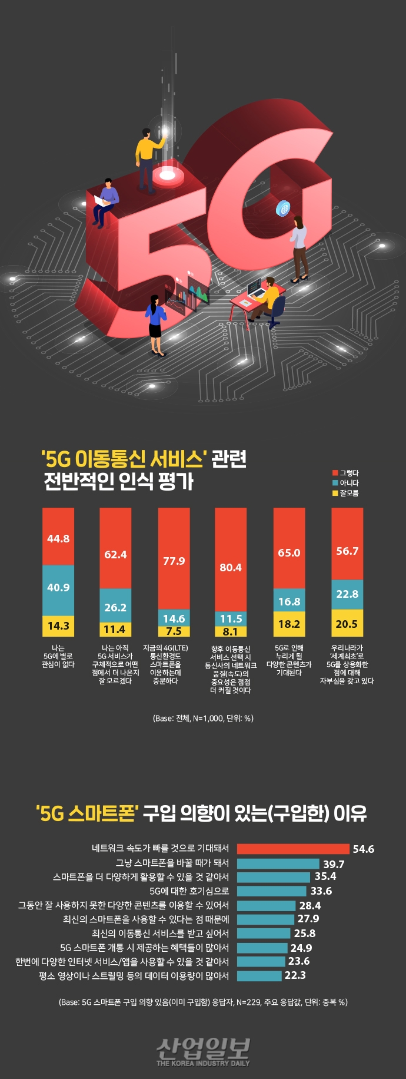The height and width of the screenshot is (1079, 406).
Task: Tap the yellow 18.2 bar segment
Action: [289, 624]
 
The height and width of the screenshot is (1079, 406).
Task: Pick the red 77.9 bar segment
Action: [174, 558]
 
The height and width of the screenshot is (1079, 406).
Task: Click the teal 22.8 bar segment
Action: [347, 594]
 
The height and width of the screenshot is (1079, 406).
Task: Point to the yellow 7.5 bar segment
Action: [174, 631]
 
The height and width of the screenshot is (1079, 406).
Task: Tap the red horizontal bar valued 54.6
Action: [293, 849]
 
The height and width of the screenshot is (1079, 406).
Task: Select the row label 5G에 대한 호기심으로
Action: [189, 891]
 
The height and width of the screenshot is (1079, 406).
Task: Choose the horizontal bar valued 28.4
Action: [266, 905]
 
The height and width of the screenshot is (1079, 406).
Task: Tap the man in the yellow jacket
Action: [147, 156]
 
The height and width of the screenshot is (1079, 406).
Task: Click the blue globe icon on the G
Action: [284, 207]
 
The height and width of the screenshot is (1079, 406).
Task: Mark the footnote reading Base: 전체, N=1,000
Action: [203, 718]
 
